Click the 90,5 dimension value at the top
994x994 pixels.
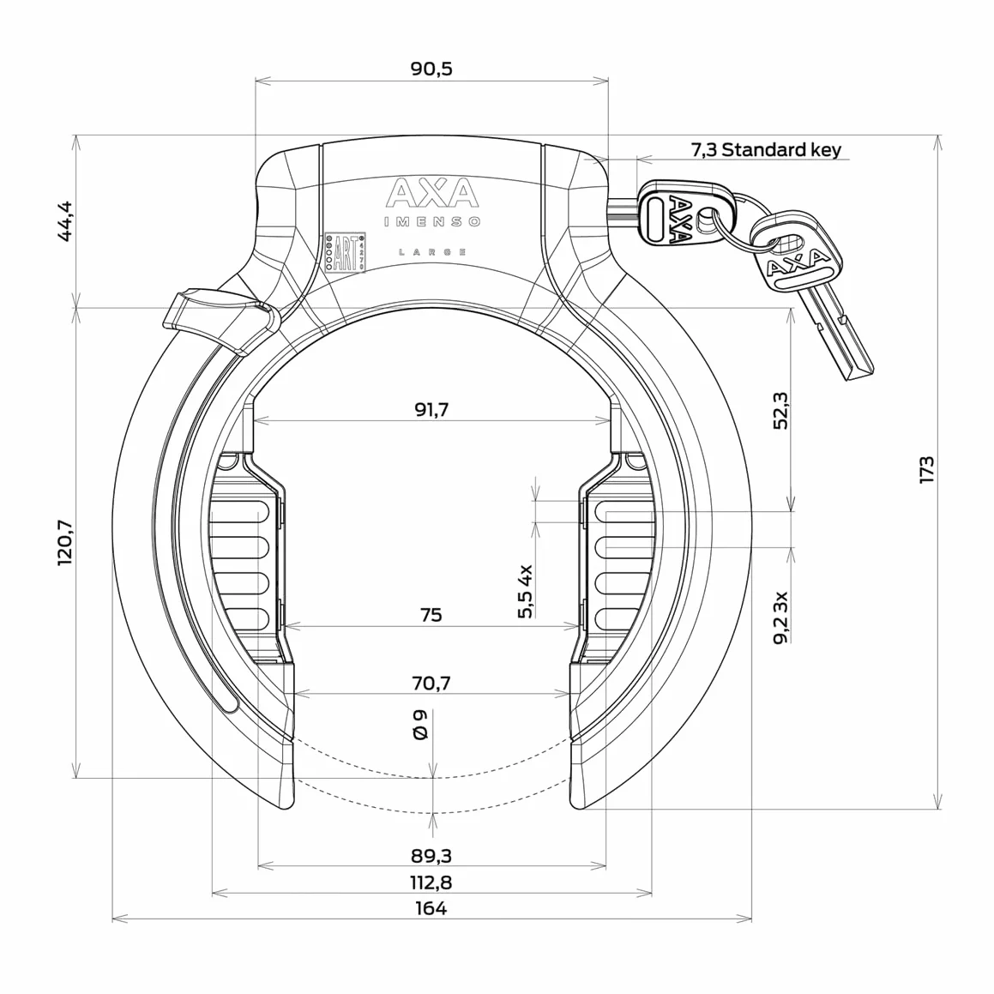[x=431, y=69]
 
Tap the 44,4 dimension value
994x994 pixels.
[x=65, y=221]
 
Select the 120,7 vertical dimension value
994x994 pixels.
[x=65, y=543]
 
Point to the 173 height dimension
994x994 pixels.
[x=926, y=469]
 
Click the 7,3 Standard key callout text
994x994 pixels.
[x=766, y=149]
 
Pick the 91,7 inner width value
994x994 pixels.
[x=431, y=409]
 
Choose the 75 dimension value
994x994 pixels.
[x=431, y=615]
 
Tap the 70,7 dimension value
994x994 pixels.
[x=431, y=684]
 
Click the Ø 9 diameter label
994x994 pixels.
[x=419, y=725]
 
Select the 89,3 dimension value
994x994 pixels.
[x=431, y=856]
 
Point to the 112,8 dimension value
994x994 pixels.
[x=431, y=883]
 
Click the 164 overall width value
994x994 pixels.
[x=431, y=908]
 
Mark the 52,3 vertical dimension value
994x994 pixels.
[x=781, y=411]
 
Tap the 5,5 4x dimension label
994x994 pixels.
[x=526, y=591]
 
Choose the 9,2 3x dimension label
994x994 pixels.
[x=781, y=617]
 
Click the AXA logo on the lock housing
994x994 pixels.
[x=431, y=193]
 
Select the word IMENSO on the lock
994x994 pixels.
[x=432, y=222]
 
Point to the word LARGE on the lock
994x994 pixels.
[x=432, y=252]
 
